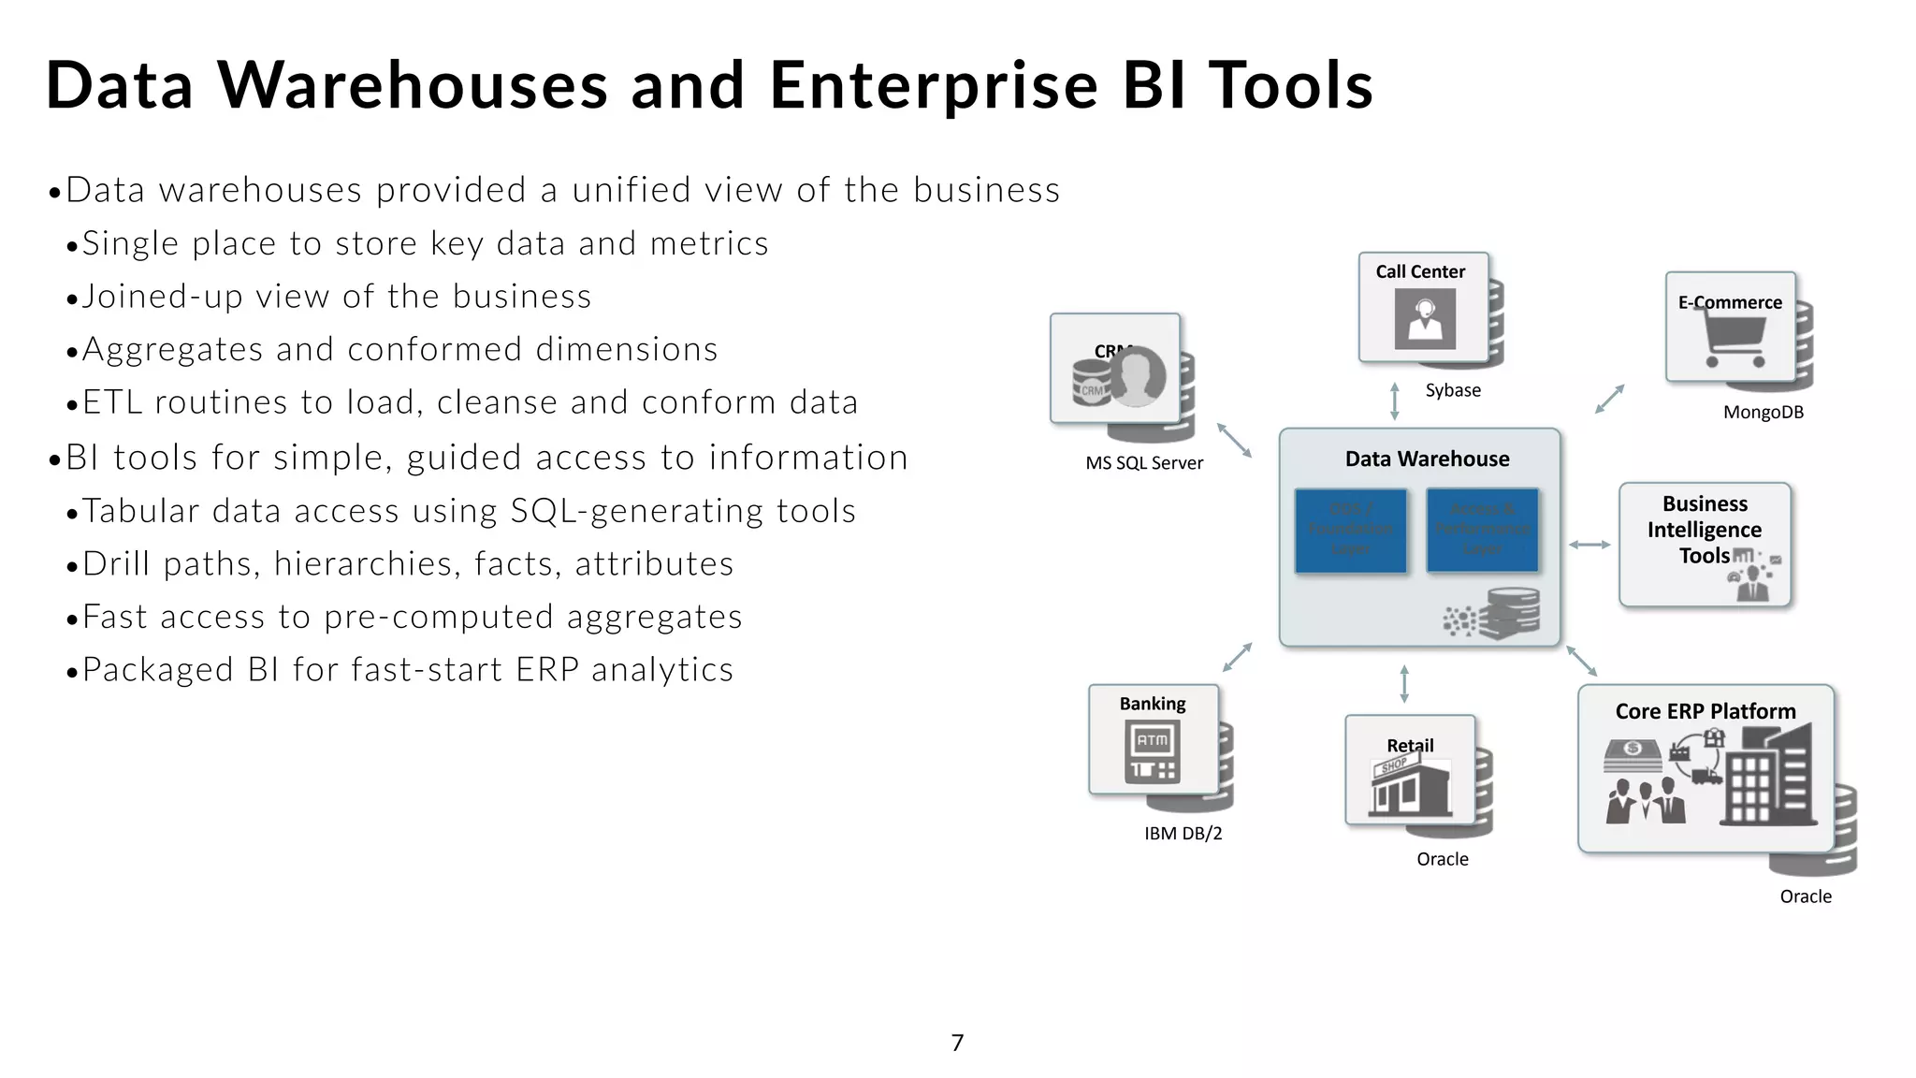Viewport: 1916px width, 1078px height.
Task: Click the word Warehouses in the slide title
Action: [x=413, y=85]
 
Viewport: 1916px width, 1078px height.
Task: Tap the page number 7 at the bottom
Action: [x=957, y=1042]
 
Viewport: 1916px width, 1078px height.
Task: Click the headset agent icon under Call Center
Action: [x=1425, y=318]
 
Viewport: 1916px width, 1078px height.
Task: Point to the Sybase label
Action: [x=1453, y=390]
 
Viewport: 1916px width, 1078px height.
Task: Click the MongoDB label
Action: [x=1764, y=412]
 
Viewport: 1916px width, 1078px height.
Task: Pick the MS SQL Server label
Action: [x=1144, y=462]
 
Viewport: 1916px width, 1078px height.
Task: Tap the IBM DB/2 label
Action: [x=1183, y=833]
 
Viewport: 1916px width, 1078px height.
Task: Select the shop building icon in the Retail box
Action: [x=1410, y=786]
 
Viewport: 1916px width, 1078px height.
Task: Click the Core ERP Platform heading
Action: [x=1706, y=711]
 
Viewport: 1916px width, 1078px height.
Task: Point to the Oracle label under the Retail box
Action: [x=1442, y=859]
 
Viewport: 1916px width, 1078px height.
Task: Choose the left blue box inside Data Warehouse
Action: [x=1350, y=530]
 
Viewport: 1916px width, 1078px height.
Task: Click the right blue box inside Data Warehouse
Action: [x=1482, y=530]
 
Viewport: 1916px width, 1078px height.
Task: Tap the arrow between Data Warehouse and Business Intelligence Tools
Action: [x=1589, y=545]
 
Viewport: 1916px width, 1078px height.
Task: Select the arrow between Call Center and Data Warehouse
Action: [x=1395, y=401]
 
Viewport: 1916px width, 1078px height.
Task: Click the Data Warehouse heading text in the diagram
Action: [x=1427, y=459]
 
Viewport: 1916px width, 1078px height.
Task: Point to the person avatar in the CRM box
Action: [x=1137, y=376]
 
